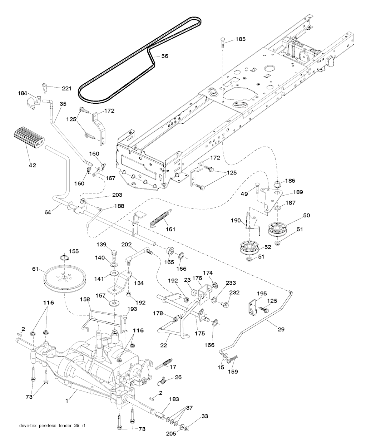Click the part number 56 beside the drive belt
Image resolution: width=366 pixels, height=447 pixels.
coord(164,56)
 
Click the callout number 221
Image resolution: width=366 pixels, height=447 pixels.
coord(66,88)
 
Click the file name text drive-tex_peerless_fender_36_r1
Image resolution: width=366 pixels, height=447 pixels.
coord(52,426)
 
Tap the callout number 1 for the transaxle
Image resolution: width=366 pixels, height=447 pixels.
coord(67,401)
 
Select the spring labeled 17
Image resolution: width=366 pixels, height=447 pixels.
coord(164,364)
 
